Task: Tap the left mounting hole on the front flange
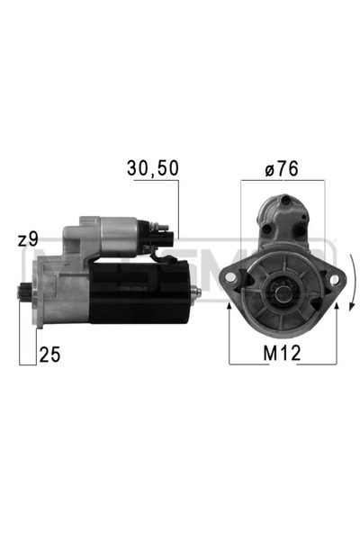click(x=237, y=280)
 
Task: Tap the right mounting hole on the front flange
click(x=331, y=280)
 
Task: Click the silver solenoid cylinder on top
click(x=119, y=237)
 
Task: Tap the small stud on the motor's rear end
click(x=194, y=289)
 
